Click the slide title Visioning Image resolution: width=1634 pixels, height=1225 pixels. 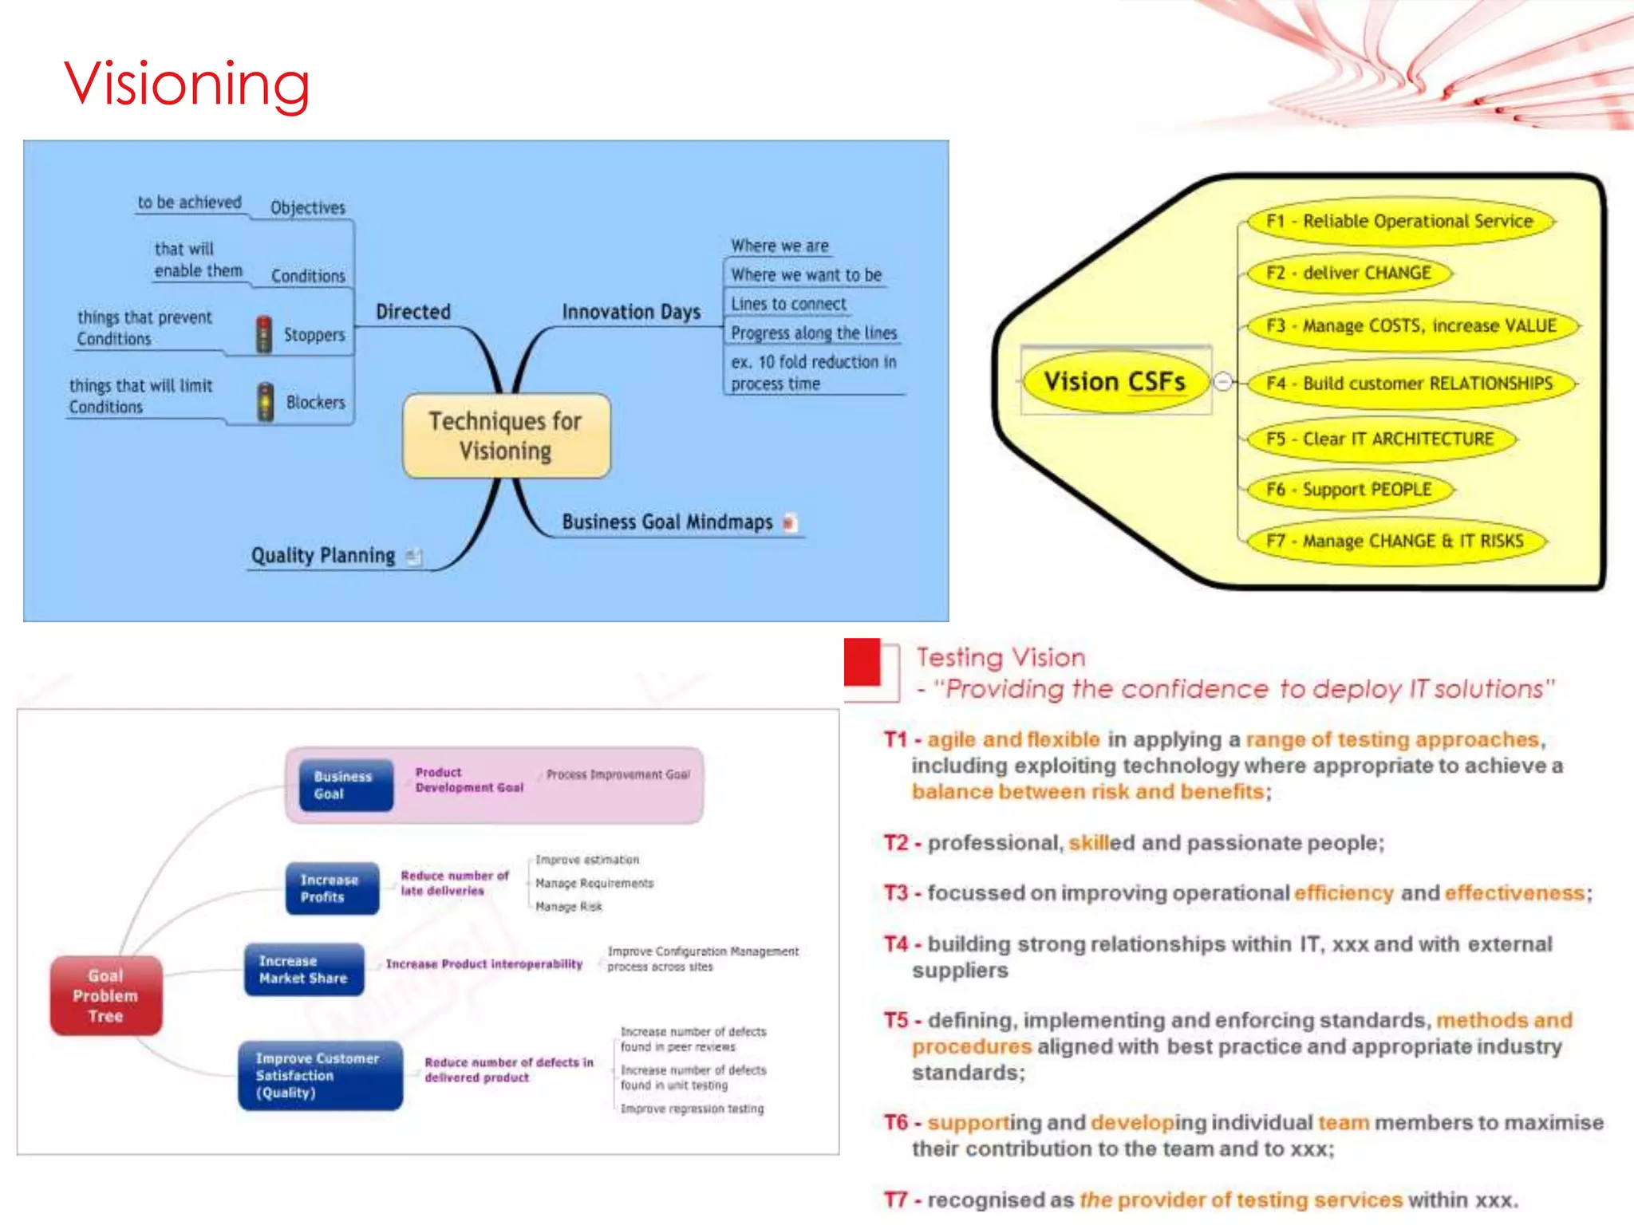pyautogui.click(x=187, y=84)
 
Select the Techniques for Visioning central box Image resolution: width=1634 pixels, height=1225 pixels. pyautogui.click(x=506, y=435)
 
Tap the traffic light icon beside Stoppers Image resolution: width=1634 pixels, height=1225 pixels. pyautogui.click(x=263, y=334)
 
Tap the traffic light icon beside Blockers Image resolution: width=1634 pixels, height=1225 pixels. pyautogui.click(x=265, y=402)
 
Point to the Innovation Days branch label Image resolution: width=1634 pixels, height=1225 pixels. pyautogui.click(x=631, y=312)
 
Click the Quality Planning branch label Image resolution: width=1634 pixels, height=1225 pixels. pyautogui.click(x=323, y=556)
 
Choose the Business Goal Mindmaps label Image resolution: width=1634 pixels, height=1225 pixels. pyautogui.click(x=667, y=522)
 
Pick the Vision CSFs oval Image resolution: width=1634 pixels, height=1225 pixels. pyautogui.click(x=1115, y=382)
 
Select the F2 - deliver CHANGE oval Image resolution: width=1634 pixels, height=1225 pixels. pyautogui.click(x=1348, y=273)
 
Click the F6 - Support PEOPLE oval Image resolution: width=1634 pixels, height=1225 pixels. pyautogui.click(x=1349, y=490)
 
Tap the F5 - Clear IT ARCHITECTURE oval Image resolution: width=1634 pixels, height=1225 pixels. pyautogui.click(x=1379, y=439)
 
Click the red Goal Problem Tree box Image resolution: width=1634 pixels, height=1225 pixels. pyautogui.click(x=105, y=995)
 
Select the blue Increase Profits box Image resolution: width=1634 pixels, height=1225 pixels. pyautogui.click(x=331, y=888)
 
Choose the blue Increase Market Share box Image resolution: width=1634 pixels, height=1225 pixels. pyautogui.click(x=303, y=970)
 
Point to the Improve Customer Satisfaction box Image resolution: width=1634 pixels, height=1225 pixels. pyautogui.click(x=319, y=1075)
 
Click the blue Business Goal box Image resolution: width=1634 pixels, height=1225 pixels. pyautogui.click(x=345, y=785)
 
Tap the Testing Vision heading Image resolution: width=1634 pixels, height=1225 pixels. pyautogui.click(x=1001, y=657)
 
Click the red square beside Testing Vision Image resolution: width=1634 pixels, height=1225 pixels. pyautogui.click(x=862, y=661)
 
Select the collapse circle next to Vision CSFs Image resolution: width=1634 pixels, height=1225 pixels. pyautogui.click(x=1222, y=382)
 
